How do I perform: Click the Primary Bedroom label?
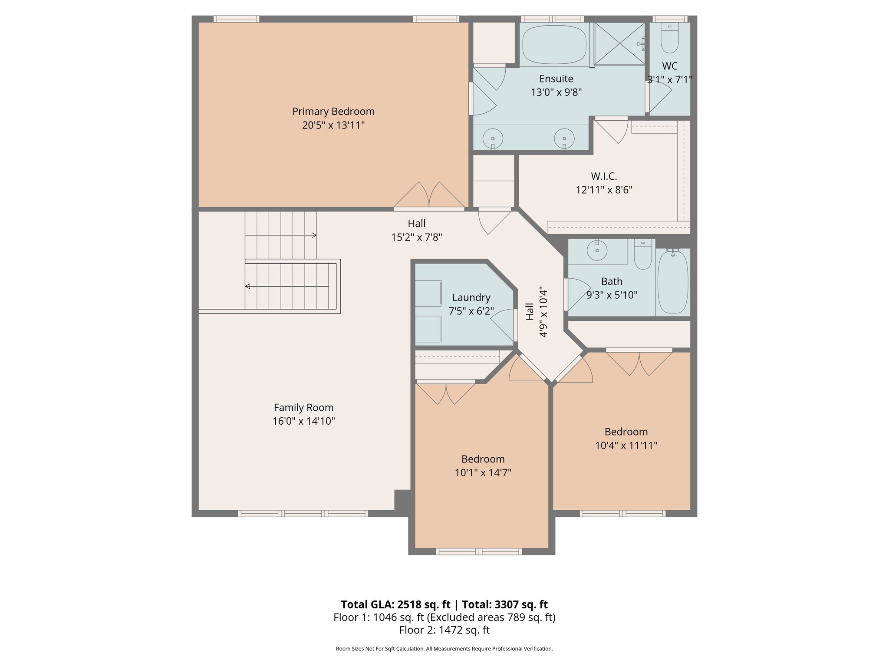coord(333,112)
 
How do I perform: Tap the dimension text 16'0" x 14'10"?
coord(303,421)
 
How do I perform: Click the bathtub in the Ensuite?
coord(554,44)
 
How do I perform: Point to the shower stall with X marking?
coord(619,43)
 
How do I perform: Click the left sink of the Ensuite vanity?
coord(493,139)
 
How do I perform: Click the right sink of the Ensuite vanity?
coord(564,139)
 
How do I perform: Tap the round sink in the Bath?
coord(597,251)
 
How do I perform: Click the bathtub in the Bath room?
coord(672,282)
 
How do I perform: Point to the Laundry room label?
coord(471,297)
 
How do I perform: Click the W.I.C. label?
coord(603,176)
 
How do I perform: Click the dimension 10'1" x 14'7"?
coord(483,473)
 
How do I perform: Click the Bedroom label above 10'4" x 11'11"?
coord(626,432)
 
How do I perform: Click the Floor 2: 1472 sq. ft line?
coord(444,630)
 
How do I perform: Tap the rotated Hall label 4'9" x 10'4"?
coord(537,311)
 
